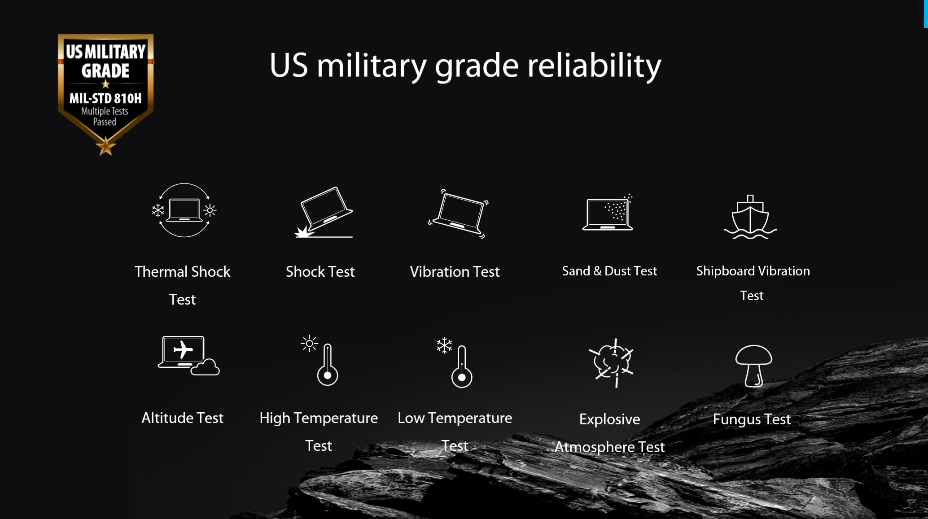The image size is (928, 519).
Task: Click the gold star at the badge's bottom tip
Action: click(x=105, y=146)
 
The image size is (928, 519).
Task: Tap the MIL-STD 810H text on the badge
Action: click(x=105, y=98)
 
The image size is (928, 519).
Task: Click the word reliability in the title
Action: click(x=594, y=65)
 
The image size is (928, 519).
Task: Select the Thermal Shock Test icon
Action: click(x=184, y=210)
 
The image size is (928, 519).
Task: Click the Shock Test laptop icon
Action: click(x=324, y=212)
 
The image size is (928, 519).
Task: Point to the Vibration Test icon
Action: click(x=458, y=214)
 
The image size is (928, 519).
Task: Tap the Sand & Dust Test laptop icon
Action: click(x=608, y=213)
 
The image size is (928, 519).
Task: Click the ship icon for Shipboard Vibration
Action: click(x=750, y=217)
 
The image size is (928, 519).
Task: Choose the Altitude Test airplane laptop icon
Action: click(x=188, y=355)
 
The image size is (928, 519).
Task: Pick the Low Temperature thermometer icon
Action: click(x=455, y=362)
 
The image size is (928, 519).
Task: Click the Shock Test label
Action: click(x=320, y=271)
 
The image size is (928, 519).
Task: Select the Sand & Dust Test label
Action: click(x=609, y=271)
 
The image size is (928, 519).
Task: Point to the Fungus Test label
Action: click(x=752, y=419)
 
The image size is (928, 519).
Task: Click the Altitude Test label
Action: click(x=182, y=418)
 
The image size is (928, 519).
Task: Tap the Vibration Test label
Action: click(x=455, y=271)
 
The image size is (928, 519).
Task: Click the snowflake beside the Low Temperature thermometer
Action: click(x=444, y=345)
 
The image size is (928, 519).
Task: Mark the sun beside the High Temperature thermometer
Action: click(x=309, y=344)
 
